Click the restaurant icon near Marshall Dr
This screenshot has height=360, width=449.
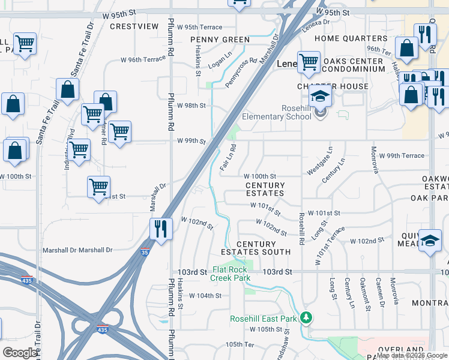click(x=161, y=229)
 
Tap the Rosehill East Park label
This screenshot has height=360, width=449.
click(x=263, y=319)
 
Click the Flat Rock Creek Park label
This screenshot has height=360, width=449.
click(x=231, y=274)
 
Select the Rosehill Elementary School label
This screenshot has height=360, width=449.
click(x=277, y=112)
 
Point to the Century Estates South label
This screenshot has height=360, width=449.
click(x=264, y=248)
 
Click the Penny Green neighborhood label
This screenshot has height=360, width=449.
click(x=220, y=40)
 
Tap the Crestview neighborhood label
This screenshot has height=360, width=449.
click(x=134, y=26)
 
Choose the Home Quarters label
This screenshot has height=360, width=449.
click(x=351, y=38)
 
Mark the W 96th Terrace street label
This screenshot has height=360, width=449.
click(x=143, y=59)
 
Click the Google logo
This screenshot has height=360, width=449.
click(x=20, y=353)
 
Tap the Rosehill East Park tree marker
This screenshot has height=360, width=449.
click(x=307, y=317)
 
